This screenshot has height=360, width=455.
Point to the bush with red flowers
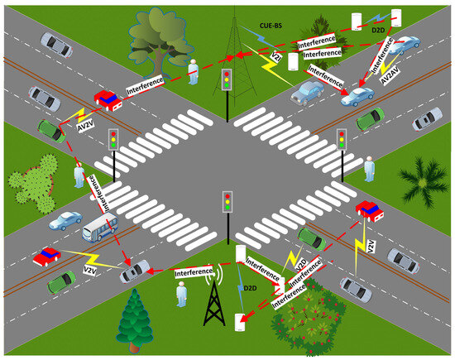[311, 314]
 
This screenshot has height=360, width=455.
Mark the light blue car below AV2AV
[357, 98]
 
